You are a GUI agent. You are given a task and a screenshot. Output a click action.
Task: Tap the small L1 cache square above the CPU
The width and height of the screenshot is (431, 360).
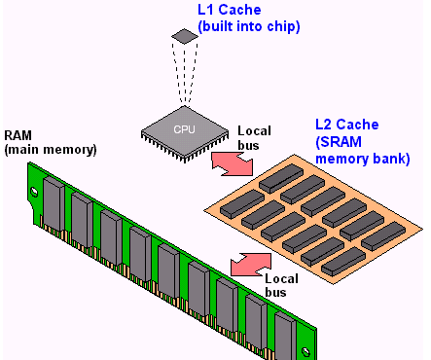click(183, 37)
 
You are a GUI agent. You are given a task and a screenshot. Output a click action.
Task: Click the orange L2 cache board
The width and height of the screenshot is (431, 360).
click(311, 214)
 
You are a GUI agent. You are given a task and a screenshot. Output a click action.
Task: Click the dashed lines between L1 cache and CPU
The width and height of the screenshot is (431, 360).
click(183, 73)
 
